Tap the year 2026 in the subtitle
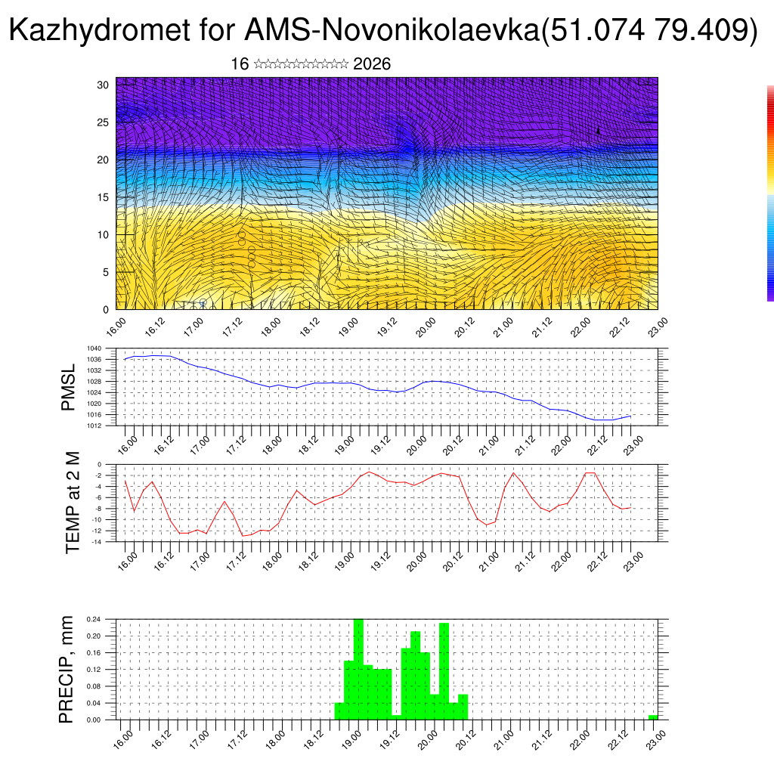pyautogui.click(x=372, y=64)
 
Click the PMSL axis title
pyautogui.click(x=69, y=387)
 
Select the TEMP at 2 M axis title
pyautogui.click(x=73, y=503)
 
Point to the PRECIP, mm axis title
pyautogui.click(x=67, y=670)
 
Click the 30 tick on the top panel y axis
pyautogui.click(x=103, y=85)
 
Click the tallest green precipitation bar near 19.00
pyautogui.click(x=358, y=669)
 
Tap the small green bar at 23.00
pyautogui.click(x=653, y=717)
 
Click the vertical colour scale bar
pyautogui.click(x=770, y=193)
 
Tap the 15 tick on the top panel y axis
pyautogui.click(x=103, y=197)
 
